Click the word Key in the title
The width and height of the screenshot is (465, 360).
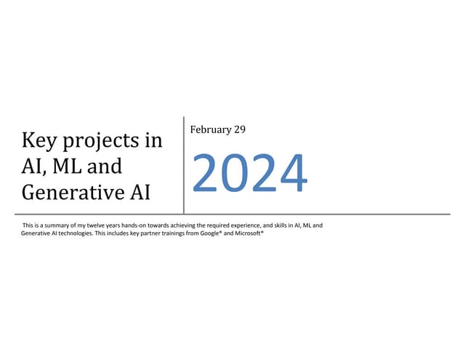pos(39,140)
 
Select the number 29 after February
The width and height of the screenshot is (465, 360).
pos(239,129)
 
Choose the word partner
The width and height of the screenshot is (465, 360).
pos(153,233)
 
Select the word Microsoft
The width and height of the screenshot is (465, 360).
pos(248,233)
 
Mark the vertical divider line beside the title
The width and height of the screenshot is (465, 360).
pos(183,164)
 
